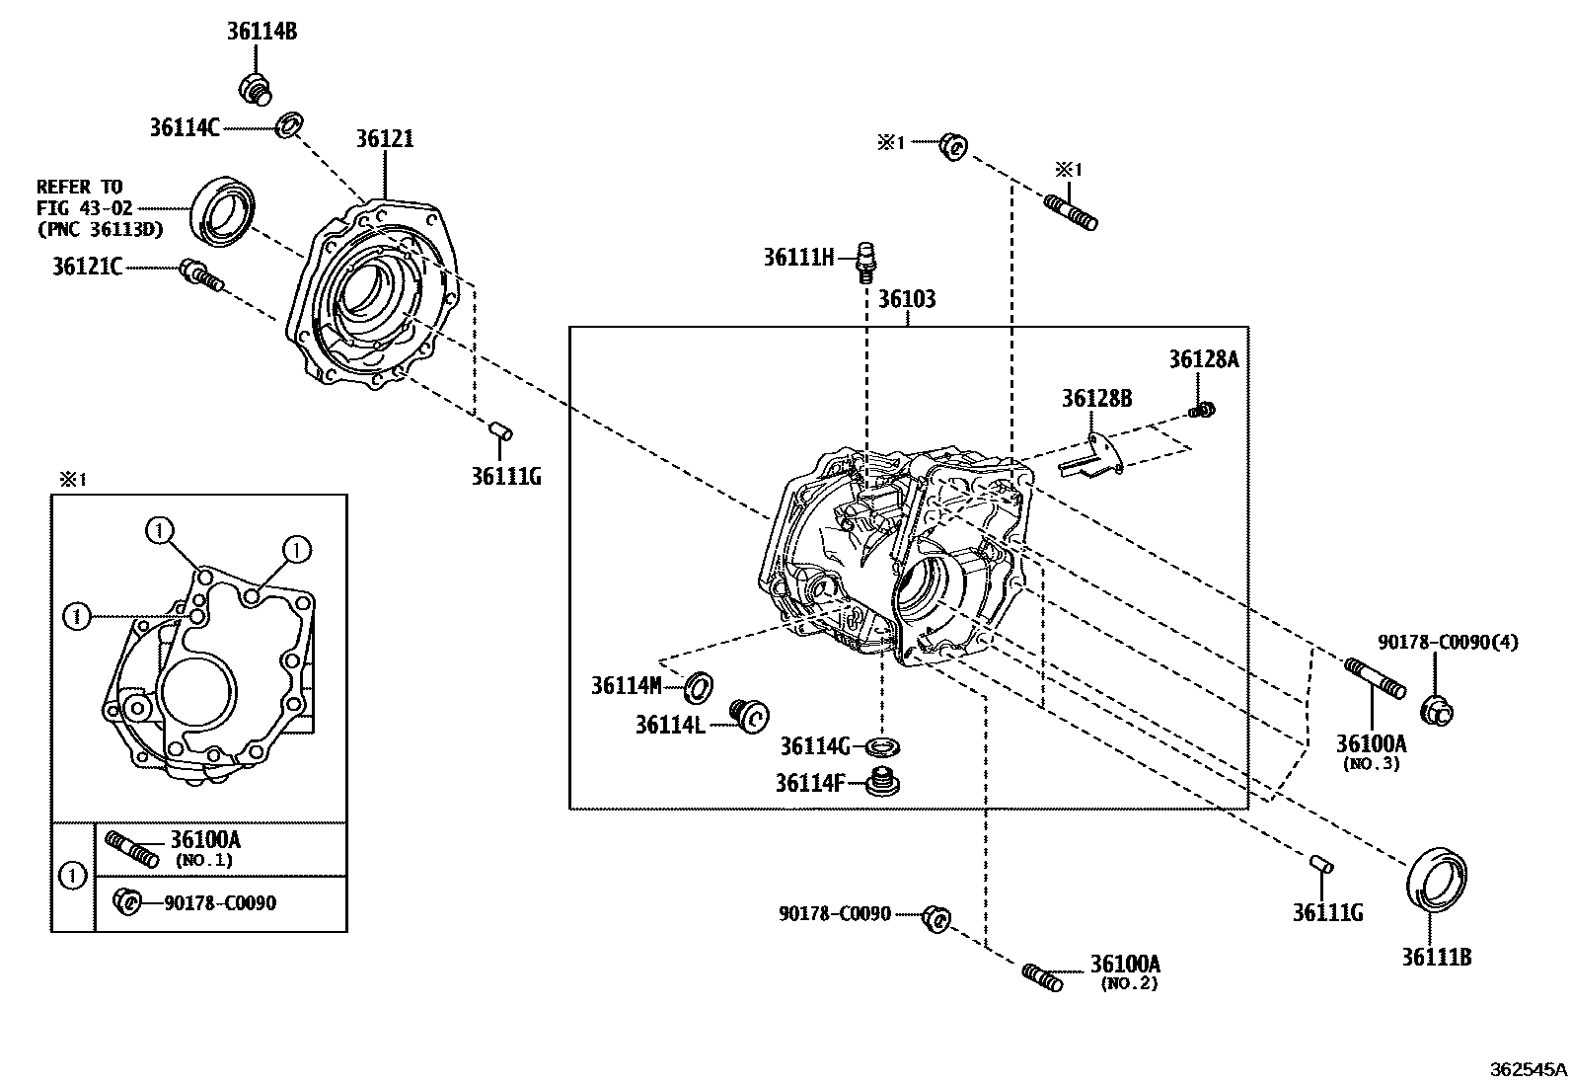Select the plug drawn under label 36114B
(256, 87)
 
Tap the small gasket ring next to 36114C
(289, 125)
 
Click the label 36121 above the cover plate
(385, 139)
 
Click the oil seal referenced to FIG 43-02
(225, 210)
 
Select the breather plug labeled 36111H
(866, 260)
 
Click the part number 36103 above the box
(907, 299)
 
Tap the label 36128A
(1203, 359)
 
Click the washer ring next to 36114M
(700, 684)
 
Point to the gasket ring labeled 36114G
(883, 745)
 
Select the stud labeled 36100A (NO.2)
(1041, 977)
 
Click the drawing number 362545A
(1529, 1068)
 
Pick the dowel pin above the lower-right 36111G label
(1321, 863)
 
